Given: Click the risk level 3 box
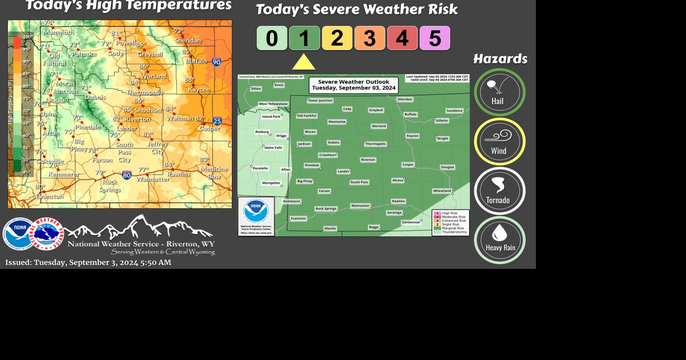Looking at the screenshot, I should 369,38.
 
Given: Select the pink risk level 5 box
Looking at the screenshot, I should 435,38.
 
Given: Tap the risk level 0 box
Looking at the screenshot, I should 272,38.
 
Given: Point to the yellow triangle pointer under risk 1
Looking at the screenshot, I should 304,63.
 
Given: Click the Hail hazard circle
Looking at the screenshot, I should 499,92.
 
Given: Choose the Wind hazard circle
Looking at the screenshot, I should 499,142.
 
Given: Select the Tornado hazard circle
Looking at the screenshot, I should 499,191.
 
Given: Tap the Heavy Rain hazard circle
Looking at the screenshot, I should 499,240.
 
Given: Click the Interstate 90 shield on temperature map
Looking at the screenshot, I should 216,62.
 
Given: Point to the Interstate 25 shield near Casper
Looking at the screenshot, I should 217,121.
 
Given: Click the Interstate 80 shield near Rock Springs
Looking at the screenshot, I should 127,175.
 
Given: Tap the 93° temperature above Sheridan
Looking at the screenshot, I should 178,31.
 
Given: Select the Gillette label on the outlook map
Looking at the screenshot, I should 442,121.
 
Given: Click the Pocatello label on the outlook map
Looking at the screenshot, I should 260,168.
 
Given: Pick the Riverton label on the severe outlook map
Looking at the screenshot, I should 368,159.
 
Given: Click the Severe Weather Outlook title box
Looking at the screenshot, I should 353,85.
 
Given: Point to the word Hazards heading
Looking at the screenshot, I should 500,59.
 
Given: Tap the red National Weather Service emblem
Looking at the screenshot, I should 48,234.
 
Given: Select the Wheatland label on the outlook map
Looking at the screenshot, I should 442,191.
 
